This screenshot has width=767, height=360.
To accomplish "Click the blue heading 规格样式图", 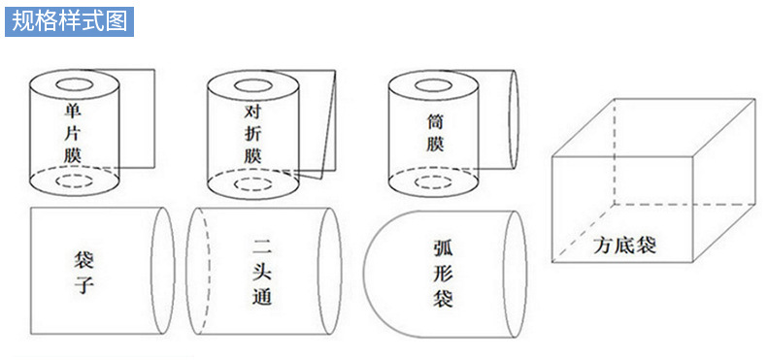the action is pos(69,21).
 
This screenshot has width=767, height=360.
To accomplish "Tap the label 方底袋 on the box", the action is pos(624,245).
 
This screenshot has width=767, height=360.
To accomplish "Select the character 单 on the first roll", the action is pos(73,111).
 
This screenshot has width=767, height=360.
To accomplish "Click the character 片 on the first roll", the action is pos(73,133).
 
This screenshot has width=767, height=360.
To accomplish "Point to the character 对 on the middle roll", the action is pos(252,111).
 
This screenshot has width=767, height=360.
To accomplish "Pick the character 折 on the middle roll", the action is pos(252,133).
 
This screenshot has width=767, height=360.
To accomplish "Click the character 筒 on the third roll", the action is pos(434,121).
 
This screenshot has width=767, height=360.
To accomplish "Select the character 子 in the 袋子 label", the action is pos(83,286).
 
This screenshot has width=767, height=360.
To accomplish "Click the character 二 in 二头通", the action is pos(262,246).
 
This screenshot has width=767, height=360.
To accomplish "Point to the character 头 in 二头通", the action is pos(262,271).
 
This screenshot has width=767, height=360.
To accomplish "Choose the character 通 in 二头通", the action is pos(262,296).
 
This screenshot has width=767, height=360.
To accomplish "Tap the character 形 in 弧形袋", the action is pos(443,274).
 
